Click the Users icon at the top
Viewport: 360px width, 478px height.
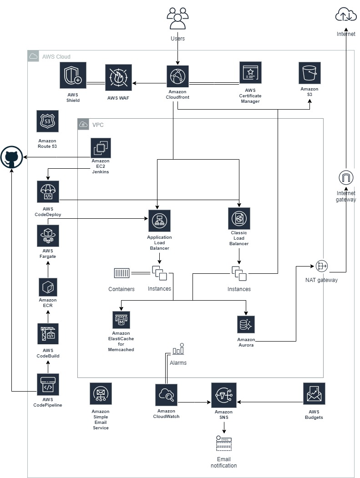[177, 19]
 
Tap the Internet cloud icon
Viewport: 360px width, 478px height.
[345, 15]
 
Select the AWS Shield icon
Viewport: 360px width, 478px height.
[73, 75]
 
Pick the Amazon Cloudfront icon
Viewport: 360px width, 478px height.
[177, 76]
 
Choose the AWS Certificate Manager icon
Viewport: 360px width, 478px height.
[250, 73]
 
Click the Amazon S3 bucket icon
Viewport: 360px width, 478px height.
[309, 73]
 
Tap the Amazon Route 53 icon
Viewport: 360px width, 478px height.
[47, 121]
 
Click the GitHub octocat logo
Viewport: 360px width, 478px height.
[12, 158]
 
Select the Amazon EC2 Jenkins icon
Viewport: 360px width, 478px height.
[101, 148]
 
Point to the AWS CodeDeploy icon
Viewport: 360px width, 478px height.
[48, 192]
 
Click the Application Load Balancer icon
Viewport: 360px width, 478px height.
[159, 221]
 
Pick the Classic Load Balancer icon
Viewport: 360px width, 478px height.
[239, 219]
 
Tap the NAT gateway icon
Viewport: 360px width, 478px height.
[321, 267]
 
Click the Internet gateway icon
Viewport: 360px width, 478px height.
[346, 177]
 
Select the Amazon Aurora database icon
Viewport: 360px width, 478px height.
[246, 325]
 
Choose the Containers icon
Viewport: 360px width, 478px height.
[122, 273]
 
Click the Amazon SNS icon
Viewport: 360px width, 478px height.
[223, 395]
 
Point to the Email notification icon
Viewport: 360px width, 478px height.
[223, 443]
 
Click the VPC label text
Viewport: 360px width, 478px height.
[98, 125]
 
